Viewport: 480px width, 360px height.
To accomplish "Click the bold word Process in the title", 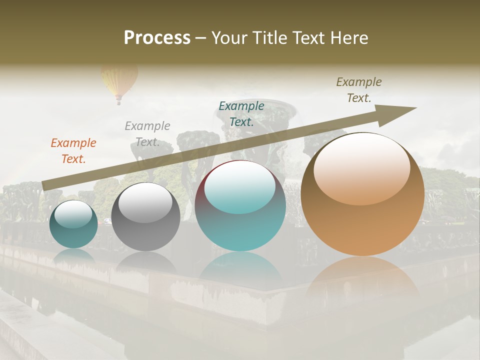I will pos(157,38).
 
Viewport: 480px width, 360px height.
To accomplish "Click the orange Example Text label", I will pos(73,150).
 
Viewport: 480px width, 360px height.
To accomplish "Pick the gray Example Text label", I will pos(147,133).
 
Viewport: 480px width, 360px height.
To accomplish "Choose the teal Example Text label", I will pos(241,113).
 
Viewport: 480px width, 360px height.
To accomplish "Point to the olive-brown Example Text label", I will pos(359,90).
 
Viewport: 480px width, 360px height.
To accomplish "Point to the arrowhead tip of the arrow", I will pos(416,108).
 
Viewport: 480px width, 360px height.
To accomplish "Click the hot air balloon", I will pos(119,80).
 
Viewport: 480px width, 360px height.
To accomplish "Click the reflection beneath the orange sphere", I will pos(362,275).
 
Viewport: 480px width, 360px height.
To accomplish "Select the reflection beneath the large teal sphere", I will pos(240,267).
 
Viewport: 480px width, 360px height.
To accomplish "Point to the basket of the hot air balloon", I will pos(118,102).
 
